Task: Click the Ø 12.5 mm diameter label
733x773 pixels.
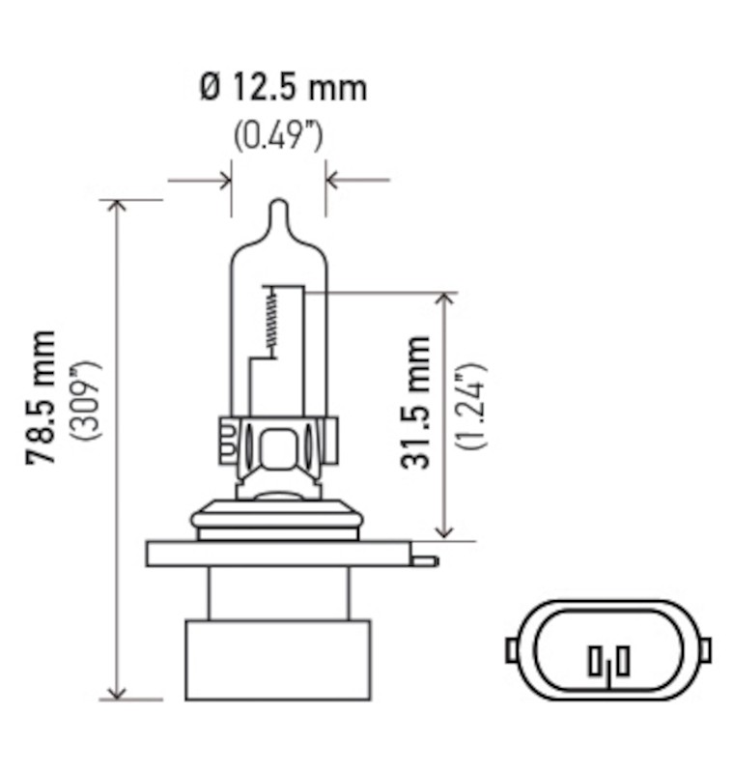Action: tap(283, 88)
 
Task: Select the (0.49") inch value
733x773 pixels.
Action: tap(278, 135)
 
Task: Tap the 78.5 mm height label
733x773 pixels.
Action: tap(42, 397)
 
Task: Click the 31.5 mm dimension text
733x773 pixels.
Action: tap(416, 402)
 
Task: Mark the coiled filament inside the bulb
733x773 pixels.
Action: tap(272, 321)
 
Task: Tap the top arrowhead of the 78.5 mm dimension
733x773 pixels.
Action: tap(118, 208)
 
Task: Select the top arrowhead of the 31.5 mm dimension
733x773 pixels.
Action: tap(444, 300)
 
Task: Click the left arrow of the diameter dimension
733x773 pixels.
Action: tap(224, 180)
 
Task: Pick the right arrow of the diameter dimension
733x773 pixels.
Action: tap(333, 180)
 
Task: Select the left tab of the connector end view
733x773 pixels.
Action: tap(512, 649)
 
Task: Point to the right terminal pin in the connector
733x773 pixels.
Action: tap(623, 662)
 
